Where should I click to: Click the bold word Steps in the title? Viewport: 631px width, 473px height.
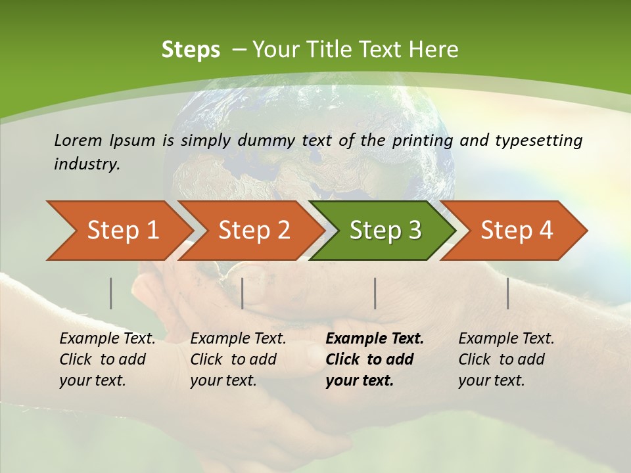(191, 50)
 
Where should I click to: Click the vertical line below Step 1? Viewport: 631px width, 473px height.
(111, 293)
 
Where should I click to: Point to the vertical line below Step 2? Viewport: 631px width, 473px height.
(243, 293)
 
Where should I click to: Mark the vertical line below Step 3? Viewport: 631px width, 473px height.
(375, 293)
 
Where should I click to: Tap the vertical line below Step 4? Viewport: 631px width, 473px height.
(508, 293)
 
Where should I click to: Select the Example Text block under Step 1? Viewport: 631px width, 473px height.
(107, 359)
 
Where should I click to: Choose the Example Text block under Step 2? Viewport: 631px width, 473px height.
(238, 359)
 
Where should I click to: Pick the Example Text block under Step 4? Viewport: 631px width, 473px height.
(506, 359)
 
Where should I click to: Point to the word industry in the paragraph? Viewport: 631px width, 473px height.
(86, 164)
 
